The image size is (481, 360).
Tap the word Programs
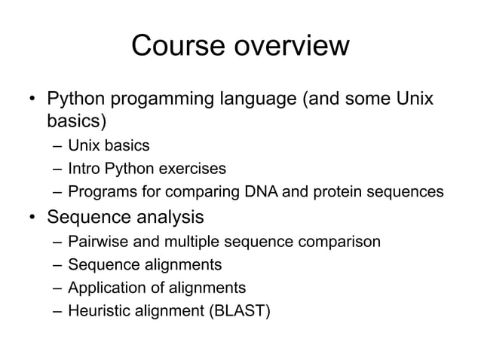click(x=97, y=192)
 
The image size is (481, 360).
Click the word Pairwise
click(x=96, y=242)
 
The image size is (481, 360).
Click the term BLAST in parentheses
click(x=237, y=310)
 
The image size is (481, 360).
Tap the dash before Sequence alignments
click(x=57, y=264)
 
